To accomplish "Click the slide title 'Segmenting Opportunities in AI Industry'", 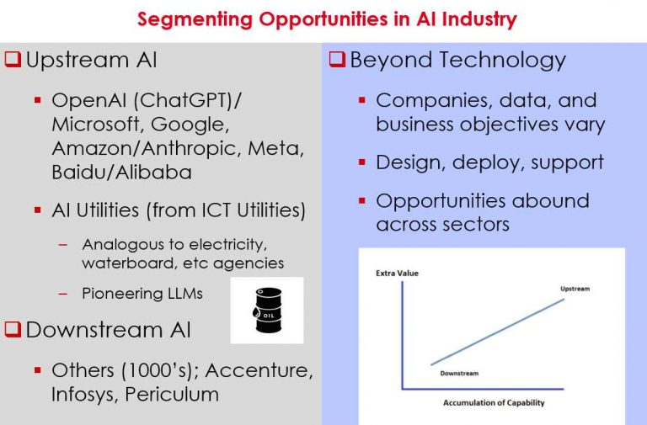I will click(327, 19).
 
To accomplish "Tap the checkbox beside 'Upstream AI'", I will click(13, 61).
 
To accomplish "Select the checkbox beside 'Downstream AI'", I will click(13, 330).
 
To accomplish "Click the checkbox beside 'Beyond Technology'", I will click(336, 61).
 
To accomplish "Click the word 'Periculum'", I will click(172, 394).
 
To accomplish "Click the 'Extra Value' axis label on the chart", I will click(397, 274).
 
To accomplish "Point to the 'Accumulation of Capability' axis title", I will click(494, 403).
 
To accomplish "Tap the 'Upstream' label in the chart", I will click(575, 289).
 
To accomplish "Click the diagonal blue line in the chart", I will click(497, 332).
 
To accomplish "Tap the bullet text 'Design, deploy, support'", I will click(489, 162).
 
